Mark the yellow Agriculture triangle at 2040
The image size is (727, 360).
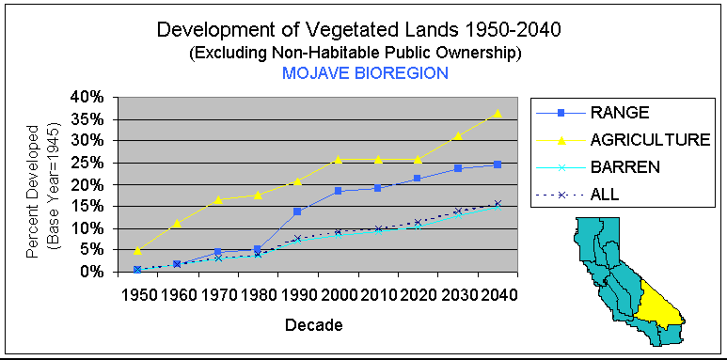[x=498, y=113]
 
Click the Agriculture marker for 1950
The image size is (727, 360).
[x=138, y=250]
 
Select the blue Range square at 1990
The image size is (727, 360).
[x=297, y=211]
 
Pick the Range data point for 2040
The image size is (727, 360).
[x=498, y=164]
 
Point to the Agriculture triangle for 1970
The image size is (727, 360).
[x=217, y=199]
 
